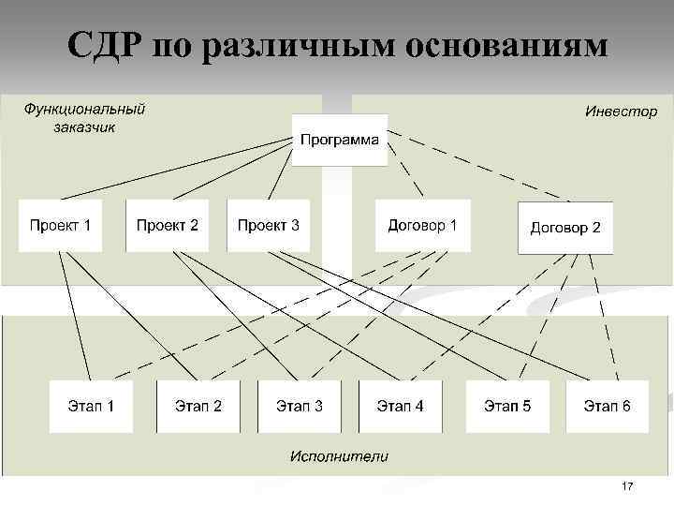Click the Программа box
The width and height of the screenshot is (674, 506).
coord(339,140)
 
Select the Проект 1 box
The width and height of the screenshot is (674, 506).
coord(60,225)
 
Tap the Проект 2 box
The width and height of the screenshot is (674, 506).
coord(167,225)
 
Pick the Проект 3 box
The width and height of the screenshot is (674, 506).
coord(268,225)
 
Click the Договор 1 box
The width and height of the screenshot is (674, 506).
coord(422,225)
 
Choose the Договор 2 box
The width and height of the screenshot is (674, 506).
coord(565,228)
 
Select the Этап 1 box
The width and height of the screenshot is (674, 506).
coord(91,406)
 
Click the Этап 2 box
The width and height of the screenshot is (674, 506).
coord(198,406)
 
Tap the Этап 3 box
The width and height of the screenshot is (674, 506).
coord(299,406)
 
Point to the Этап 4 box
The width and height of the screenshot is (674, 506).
coord(400,406)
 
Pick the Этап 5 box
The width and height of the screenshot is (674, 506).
coord(506,406)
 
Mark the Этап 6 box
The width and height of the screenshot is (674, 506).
coord(607,406)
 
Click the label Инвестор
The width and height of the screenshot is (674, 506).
coord(621,112)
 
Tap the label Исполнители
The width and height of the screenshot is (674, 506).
coord(339,456)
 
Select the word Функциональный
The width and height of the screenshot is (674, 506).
coord(84,110)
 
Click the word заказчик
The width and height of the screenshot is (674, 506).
coord(84,127)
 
